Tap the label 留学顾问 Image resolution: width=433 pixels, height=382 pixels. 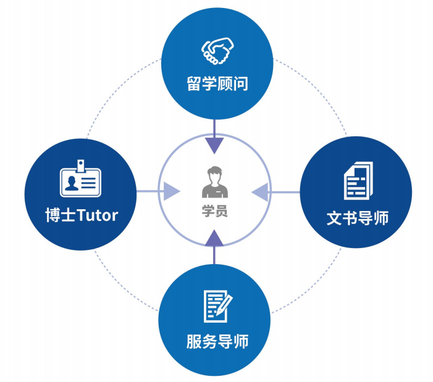[217, 83]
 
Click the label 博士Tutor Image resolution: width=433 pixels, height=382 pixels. [81, 216]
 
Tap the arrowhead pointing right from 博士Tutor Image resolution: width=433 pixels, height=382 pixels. [170, 191]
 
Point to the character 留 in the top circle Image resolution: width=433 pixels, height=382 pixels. [195, 83]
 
